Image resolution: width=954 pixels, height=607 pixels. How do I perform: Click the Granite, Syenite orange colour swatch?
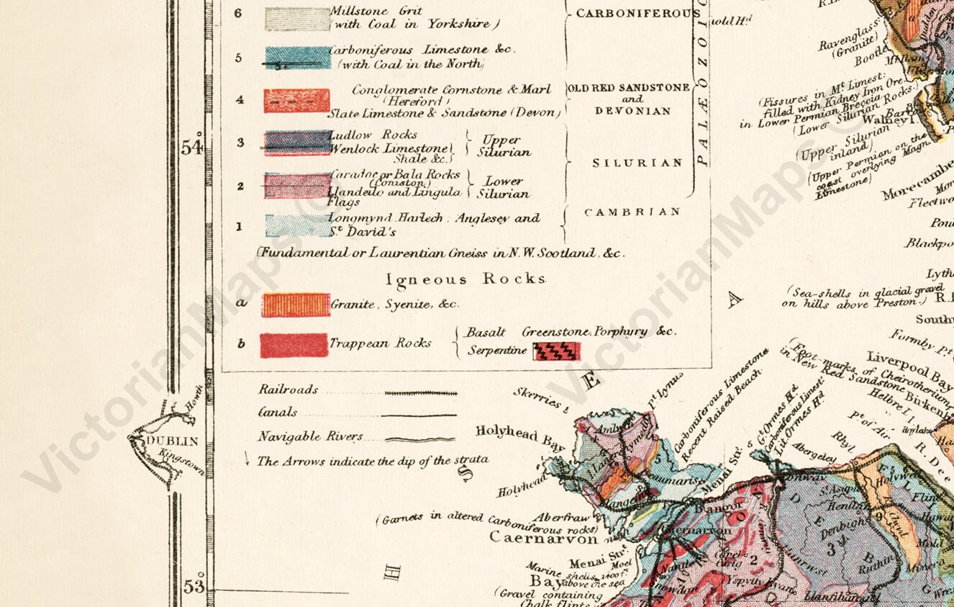click(x=296, y=305)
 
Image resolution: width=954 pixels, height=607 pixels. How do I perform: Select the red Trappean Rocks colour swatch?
click(x=294, y=345)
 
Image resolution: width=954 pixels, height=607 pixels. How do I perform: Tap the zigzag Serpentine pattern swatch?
click(x=556, y=351)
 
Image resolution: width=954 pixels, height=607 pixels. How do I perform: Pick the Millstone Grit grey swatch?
click(x=297, y=18)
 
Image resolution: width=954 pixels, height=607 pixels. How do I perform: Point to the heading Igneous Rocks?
click(x=465, y=279)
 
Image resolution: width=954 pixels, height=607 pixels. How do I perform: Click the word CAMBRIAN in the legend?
click(x=632, y=212)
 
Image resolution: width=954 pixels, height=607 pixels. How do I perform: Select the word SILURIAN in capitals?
click(x=637, y=163)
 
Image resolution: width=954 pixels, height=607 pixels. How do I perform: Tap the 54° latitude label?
click(x=192, y=148)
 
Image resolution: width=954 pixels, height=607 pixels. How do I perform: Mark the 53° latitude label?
click(x=193, y=587)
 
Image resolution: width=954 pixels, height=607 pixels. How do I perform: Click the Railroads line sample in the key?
click(x=421, y=394)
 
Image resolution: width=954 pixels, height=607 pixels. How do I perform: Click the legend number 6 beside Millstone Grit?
click(x=238, y=13)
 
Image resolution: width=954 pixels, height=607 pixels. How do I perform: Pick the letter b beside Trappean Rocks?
click(x=241, y=343)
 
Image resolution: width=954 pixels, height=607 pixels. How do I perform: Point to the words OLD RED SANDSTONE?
click(x=629, y=88)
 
